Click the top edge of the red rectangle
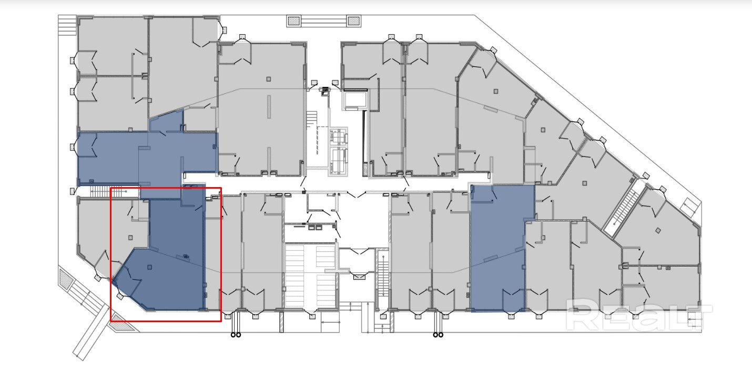(166, 188)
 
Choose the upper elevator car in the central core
(339, 137)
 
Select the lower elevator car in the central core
(339, 161)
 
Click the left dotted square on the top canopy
(294, 21)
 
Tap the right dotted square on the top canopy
(353, 21)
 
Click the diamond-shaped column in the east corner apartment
(658, 231)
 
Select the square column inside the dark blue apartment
(150, 267)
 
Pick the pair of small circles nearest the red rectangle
(236, 335)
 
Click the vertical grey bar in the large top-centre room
(269, 107)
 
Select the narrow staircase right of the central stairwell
(383, 278)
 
